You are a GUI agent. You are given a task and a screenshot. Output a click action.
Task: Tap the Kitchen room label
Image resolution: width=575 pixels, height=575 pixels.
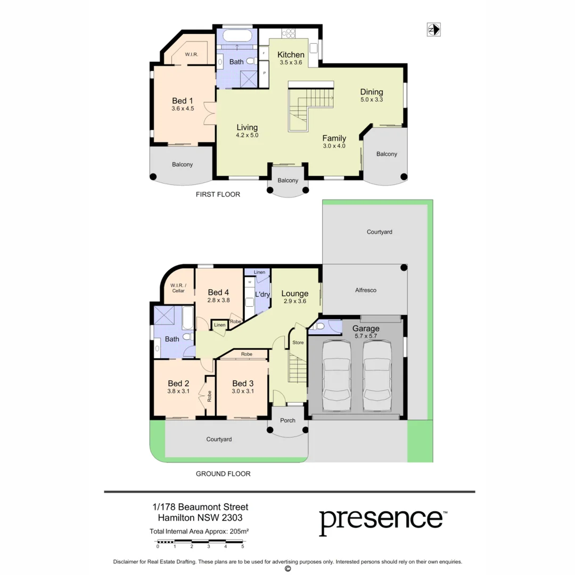[291, 54]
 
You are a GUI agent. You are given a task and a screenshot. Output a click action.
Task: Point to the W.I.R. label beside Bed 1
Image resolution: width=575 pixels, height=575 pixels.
[192, 55]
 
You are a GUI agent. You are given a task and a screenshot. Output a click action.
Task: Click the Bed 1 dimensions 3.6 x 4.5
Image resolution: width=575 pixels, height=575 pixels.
[183, 109]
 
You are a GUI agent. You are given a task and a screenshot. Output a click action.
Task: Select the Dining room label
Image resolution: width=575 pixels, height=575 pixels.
[372, 92]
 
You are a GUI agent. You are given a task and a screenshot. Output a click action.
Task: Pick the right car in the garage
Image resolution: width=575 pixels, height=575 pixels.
[377, 377]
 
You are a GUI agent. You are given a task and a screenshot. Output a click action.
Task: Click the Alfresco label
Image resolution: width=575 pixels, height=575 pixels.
[365, 290]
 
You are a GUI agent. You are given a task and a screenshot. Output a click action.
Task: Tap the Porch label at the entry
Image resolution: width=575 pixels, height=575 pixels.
[287, 421]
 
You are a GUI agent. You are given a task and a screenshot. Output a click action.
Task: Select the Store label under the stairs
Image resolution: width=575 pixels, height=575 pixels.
[298, 342]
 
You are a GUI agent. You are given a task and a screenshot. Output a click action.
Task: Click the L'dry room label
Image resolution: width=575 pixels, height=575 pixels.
[261, 294]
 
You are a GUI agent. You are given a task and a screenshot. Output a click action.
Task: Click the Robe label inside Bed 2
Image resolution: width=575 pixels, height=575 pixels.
[209, 396]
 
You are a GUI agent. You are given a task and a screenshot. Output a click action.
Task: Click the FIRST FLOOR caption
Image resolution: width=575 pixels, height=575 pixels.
[218, 194]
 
